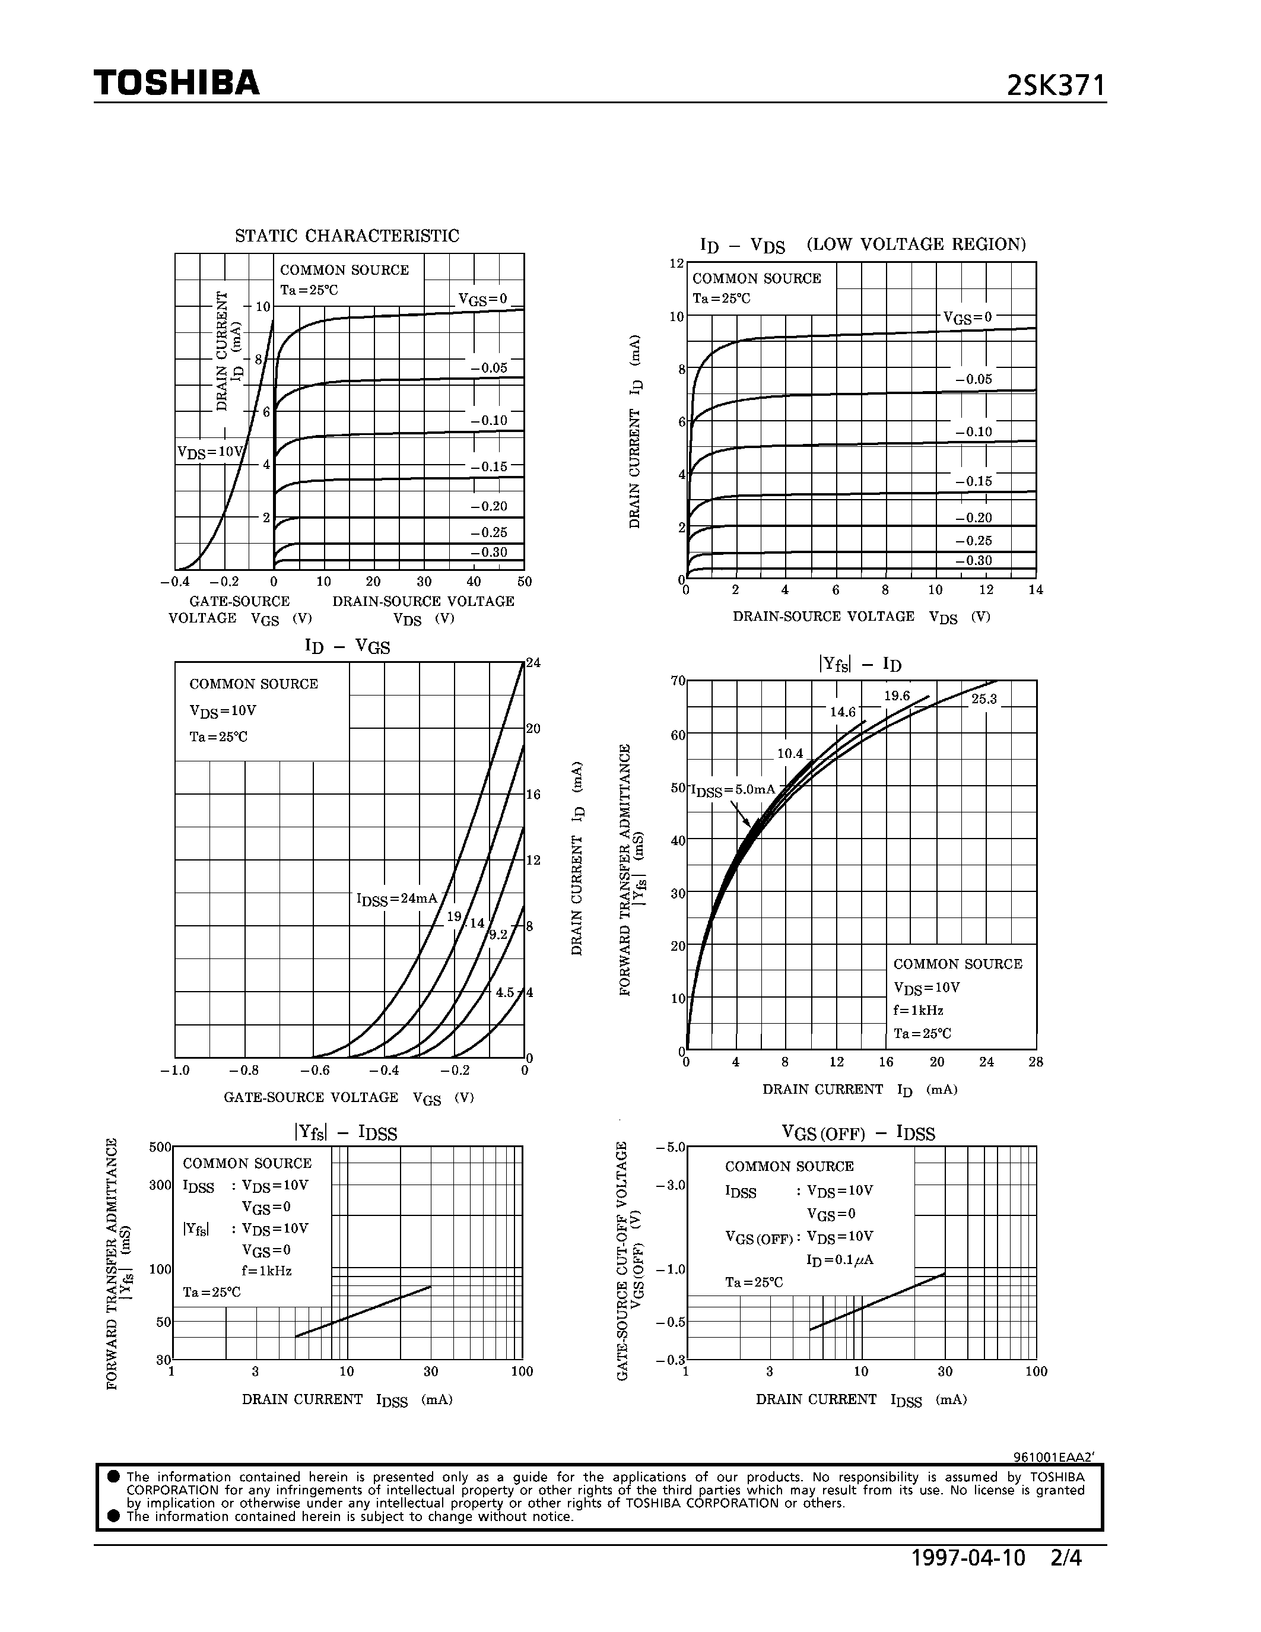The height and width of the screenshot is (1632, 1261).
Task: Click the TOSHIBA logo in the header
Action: click(176, 83)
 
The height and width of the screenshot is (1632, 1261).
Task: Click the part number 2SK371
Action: click(1055, 86)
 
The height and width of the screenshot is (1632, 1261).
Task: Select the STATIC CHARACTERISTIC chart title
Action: click(347, 236)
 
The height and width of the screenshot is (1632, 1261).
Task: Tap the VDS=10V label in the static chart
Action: click(210, 452)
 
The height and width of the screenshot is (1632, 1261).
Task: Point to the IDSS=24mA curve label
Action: click(396, 899)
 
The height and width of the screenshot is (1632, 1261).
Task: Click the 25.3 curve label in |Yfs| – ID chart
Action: click(984, 700)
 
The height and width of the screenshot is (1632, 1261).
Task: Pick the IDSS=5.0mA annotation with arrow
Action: click(733, 790)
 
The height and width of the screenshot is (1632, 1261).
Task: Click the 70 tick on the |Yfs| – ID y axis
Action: click(678, 681)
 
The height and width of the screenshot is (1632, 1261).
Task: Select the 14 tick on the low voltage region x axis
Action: click(1036, 589)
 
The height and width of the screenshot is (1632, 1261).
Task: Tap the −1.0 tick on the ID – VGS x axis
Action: click(175, 1071)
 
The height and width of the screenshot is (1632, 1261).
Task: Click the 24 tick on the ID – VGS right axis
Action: click(533, 663)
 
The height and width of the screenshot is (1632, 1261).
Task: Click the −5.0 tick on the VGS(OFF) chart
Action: click(670, 1147)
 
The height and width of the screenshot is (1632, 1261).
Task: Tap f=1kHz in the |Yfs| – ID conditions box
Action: click(918, 1010)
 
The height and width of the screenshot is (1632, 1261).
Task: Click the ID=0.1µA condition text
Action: click(840, 1260)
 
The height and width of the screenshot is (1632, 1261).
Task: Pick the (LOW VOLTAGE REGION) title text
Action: click(916, 245)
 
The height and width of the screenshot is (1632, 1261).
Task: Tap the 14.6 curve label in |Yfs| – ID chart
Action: click(843, 712)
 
